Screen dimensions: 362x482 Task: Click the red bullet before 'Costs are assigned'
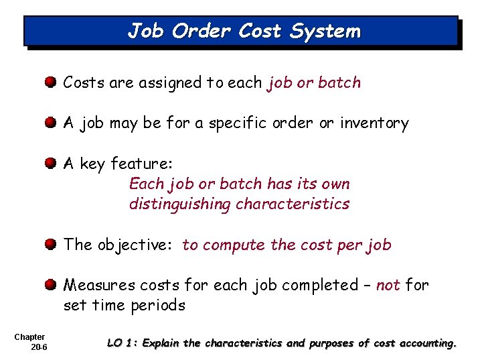[x=51, y=83]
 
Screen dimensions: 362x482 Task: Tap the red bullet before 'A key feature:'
[x=51, y=164]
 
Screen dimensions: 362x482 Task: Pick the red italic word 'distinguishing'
[x=180, y=204]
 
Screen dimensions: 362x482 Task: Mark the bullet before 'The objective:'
[x=51, y=245]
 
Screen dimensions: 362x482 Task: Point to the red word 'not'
[x=388, y=285]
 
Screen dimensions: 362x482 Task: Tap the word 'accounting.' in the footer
[x=428, y=343]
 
